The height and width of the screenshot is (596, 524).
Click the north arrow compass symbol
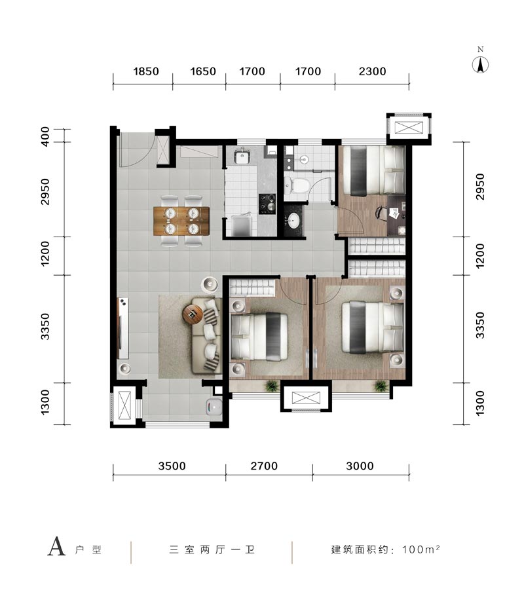point(480,65)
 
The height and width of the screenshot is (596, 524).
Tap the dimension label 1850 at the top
point(145,71)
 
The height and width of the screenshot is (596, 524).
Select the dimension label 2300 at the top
point(372,71)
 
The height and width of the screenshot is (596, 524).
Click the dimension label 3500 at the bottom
point(172,466)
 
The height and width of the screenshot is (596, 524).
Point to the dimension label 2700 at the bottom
point(264,466)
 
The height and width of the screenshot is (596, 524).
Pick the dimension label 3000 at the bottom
point(360,466)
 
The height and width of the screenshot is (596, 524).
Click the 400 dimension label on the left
point(45,137)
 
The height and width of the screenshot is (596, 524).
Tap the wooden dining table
point(181,221)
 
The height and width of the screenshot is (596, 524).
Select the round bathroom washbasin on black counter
point(293,220)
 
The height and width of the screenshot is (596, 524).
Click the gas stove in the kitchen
point(267,204)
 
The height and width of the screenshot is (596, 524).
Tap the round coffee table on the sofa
point(193,314)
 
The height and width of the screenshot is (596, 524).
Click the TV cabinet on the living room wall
point(123,328)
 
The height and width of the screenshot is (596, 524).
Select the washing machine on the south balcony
point(214,409)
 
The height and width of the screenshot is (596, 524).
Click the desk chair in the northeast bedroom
point(381,212)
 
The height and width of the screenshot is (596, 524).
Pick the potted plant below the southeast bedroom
point(381,386)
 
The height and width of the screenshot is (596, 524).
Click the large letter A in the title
point(56,547)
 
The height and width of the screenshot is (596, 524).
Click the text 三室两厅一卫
point(212,549)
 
